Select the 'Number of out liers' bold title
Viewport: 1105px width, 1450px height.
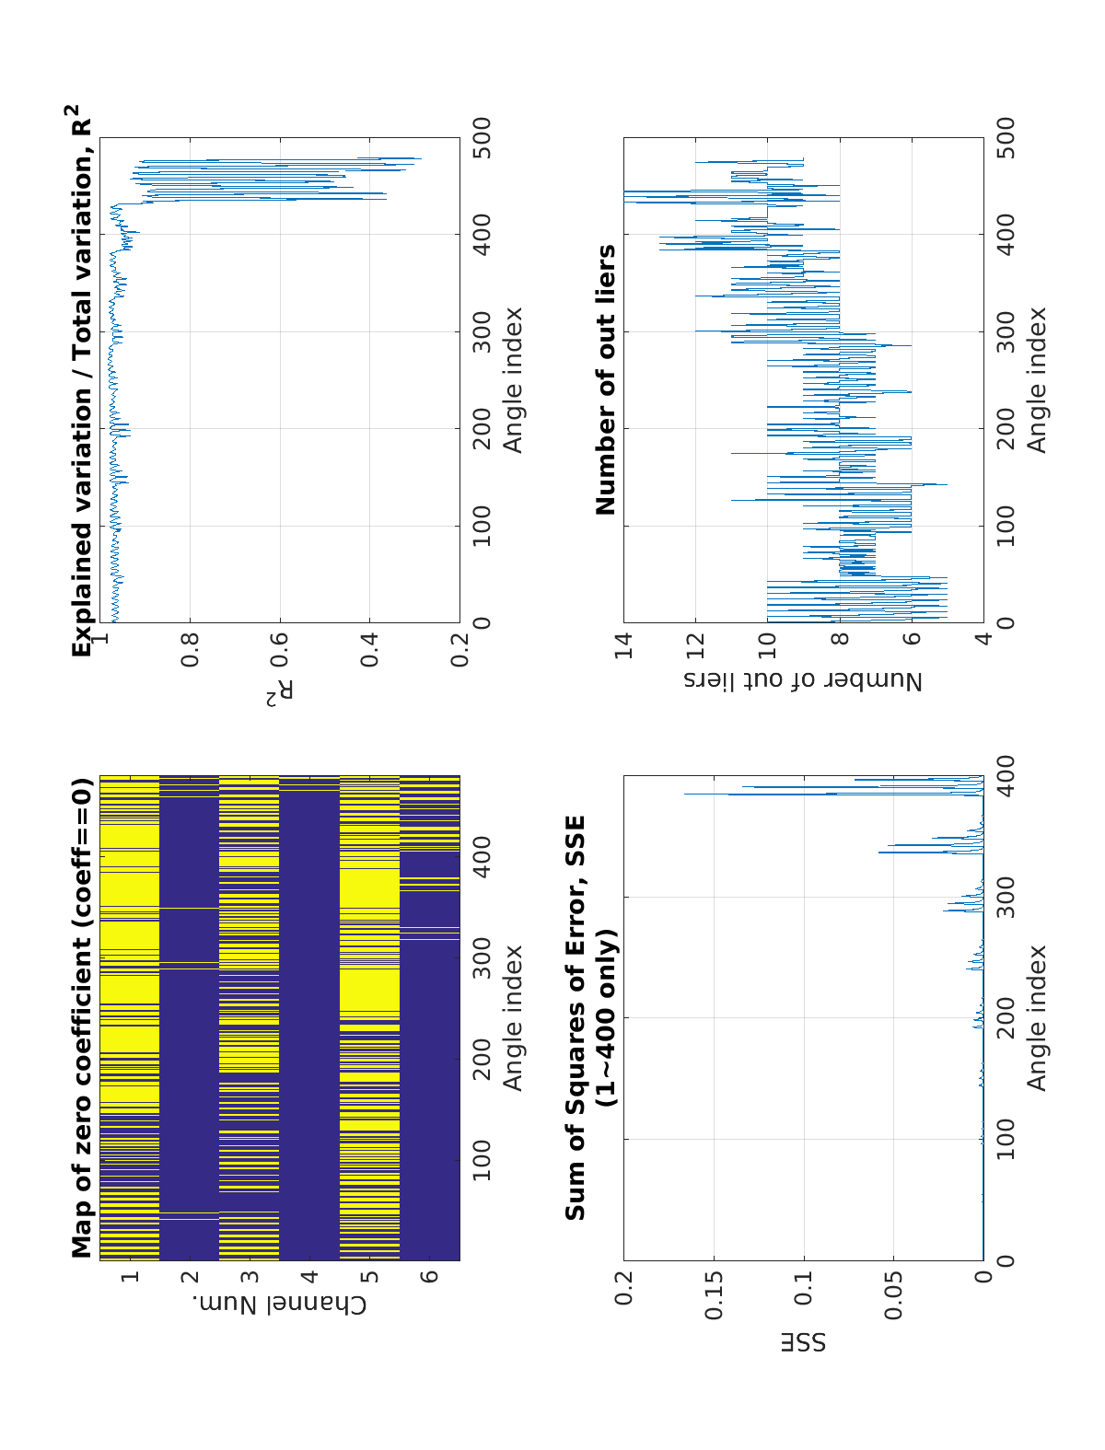pyautogui.click(x=606, y=379)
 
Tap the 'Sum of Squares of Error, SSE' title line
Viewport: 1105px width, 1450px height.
pyautogui.click(x=576, y=1018)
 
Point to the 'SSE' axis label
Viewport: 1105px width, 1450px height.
pyautogui.click(x=804, y=1341)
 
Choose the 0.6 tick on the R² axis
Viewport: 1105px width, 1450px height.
pyautogui.click(x=280, y=649)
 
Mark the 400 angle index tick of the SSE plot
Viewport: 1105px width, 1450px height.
pyautogui.click(x=1006, y=776)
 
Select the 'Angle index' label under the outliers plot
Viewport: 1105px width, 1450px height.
pyautogui.click(x=1038, y=379)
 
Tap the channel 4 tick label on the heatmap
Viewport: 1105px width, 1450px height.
pyautogui.click(x=309, y=1276)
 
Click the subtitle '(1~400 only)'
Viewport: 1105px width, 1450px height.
pyautogui.click(x=606, y=1018)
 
